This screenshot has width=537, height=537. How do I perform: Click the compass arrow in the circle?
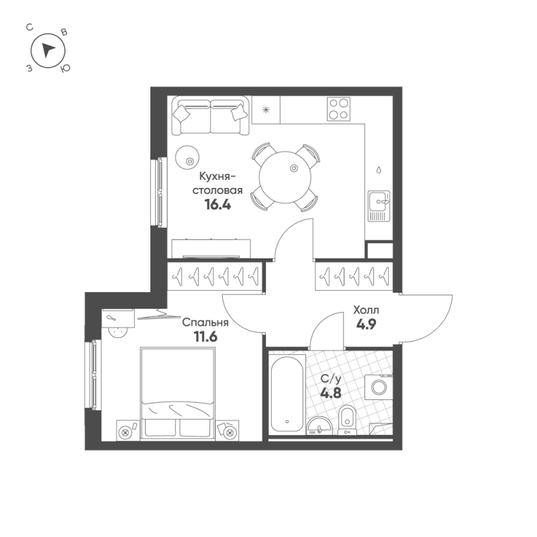pyautogui.click(x=46, y=49)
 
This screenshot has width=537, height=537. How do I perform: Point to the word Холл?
pyautogui.click(x=367, y=311)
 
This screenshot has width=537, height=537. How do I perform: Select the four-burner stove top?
pyautogui.click(x=338, y=109)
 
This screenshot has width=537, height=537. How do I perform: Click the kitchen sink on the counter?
pyautogui.click(x=379, y=205)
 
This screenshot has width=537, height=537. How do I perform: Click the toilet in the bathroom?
pyautogui.click(x=347, y=420)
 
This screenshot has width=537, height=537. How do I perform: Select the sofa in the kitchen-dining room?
pyautogui.click(x=211, y=116)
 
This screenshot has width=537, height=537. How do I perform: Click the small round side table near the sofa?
pyautogui.click(x=188, y=158)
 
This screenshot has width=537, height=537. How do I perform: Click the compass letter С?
pyautogui.click(x=30, y=28)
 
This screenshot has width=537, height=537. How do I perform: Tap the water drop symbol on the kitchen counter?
pyautogui.click(x=380, y=169)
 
